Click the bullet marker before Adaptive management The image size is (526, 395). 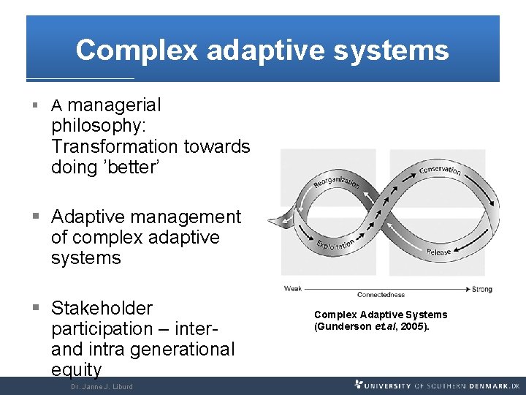[x=36, y=217]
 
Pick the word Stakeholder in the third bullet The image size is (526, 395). [x=102, y=308]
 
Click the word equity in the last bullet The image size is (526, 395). [x=76, y=369]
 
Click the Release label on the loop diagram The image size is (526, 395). [x=438, y=252]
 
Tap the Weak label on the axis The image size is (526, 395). [x=292, y=289]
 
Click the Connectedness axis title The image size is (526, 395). [x=381, y=295]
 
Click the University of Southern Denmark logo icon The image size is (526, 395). [x=359, y=385]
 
